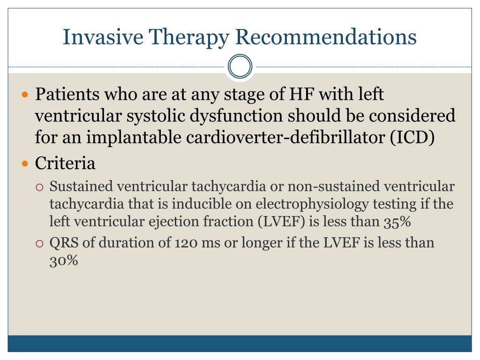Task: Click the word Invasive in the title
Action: click(103, 37)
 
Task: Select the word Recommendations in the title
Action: click(326, 37)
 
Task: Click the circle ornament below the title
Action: click(240, 67)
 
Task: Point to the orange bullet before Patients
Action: click(25, 94)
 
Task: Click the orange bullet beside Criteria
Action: click(25, 164)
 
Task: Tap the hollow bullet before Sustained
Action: click(40, 187)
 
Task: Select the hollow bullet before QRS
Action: click(40, 244)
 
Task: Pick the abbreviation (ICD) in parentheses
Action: click(412, 137)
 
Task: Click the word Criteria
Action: click(65, 163)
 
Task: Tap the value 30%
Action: click(64, 261)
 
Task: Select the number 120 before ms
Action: click(186, 243)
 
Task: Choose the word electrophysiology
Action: click(312, 204)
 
